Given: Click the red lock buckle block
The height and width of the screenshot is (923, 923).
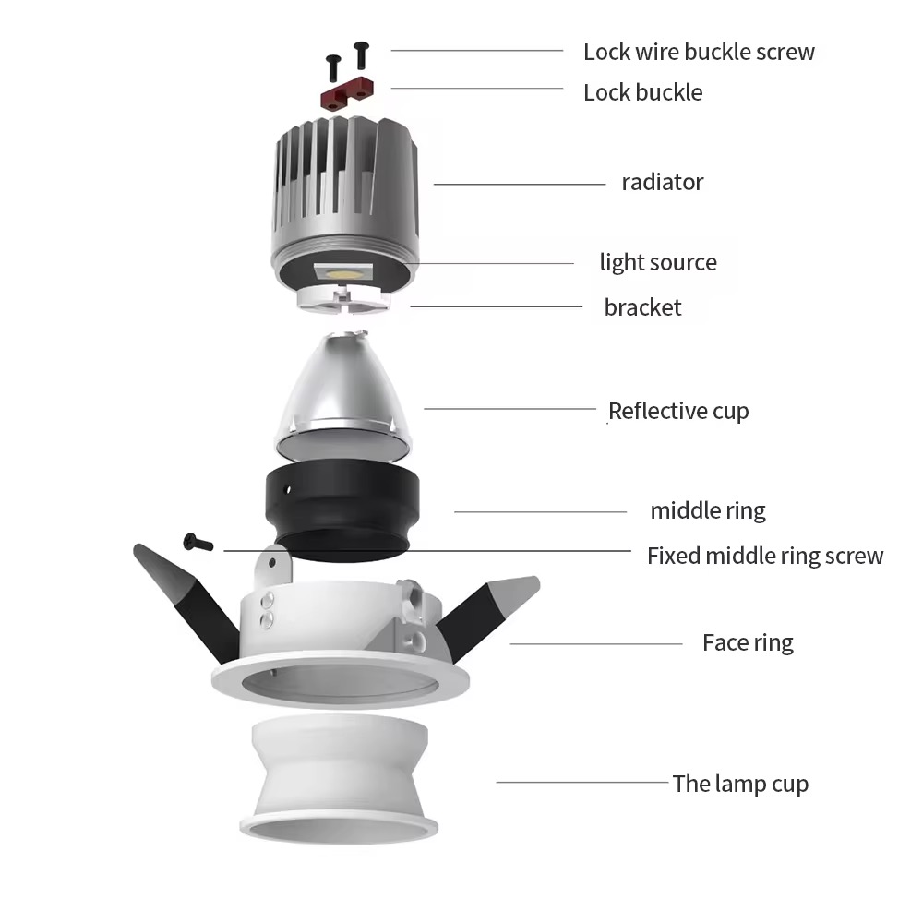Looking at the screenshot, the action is (347, 93).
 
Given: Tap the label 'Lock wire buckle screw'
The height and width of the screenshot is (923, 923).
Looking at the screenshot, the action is (699, 52).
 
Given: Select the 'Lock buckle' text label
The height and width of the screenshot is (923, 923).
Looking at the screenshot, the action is (642, 92).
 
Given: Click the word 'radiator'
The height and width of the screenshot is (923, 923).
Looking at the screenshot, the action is (662, 183).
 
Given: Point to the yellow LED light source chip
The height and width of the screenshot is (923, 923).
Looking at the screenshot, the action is (342, 273).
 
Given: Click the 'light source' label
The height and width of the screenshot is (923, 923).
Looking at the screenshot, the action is (658, 262).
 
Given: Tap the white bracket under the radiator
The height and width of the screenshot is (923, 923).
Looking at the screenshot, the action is (342, 297).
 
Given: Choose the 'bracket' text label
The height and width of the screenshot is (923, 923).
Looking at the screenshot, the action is (642, 307).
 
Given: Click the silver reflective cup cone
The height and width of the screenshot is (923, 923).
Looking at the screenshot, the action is (342, 394).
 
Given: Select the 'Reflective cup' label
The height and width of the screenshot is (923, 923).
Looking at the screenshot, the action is (678, 411).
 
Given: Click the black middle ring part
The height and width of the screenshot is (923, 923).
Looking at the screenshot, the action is (342, 511).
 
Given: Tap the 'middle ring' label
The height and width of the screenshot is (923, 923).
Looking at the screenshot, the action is (708, 511).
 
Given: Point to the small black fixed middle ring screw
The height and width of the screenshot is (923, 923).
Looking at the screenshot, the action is (198, 542).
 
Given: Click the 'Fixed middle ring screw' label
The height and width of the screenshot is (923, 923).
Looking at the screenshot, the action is (765, 556).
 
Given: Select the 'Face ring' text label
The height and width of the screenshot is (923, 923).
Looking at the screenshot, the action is (748, 642).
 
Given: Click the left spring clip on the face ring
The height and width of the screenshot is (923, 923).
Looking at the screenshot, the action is (186, 602).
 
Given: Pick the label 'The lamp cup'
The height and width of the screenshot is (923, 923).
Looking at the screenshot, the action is (740, 784).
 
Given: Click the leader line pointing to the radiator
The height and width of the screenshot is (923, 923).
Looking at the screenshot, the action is (520, 185).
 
